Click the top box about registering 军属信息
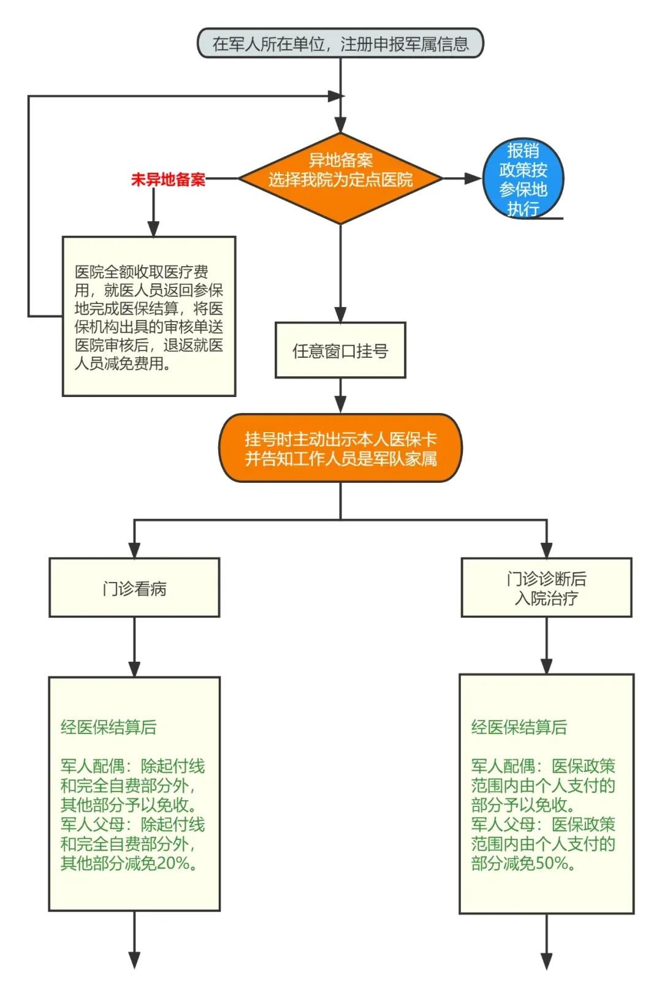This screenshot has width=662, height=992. coord(340,44)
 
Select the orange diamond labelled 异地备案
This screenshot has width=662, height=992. coord(340,178)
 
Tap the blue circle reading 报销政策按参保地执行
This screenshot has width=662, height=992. coord(523,179)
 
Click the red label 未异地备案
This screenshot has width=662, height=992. coord(168,180)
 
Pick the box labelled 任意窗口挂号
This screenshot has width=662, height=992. coord(340,350)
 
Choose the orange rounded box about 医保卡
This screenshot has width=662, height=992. coord(340,449)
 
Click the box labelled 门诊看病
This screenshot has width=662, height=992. coord(134,588)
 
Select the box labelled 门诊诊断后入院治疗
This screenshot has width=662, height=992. coord(546,588)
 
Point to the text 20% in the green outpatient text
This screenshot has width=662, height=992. coord(174,863)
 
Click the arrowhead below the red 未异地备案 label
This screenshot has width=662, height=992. coord(153,229)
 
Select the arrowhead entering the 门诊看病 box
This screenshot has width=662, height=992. coord(134,550)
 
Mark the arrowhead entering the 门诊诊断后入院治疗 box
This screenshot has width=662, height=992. coord(546,550)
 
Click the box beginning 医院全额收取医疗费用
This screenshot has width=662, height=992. coord(149,316)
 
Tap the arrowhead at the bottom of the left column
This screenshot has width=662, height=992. coord(134,960)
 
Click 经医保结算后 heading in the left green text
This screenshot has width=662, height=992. coord(108,727)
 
